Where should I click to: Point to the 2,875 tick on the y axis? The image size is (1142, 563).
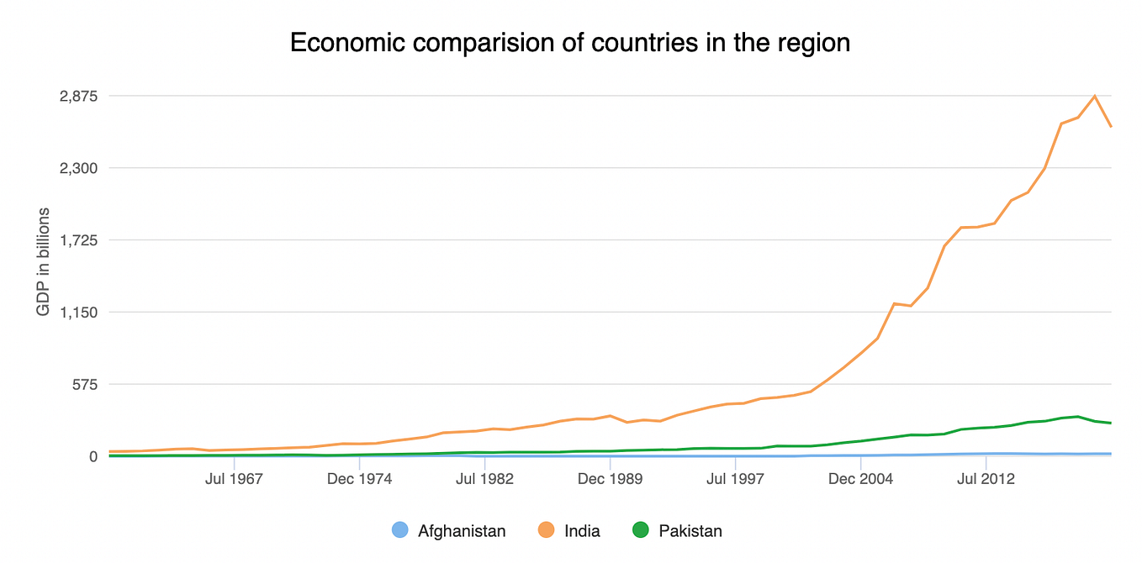click(x=78, y=97)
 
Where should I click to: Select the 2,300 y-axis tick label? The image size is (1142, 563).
click(x=78, y=168)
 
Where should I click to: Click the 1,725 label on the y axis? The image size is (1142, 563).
click(x=78, y=240)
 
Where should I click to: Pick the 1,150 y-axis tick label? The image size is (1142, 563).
click(x=78, y=313)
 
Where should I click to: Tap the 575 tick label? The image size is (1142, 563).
click(x=85, y=385)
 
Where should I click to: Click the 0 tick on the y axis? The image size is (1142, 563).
click(x=93, y=456)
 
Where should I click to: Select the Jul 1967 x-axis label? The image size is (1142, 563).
click(x=234, y=479)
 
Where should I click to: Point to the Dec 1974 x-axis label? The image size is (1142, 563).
click(x=359, y=479)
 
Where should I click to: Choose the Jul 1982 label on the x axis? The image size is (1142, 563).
click(x=485, y=479)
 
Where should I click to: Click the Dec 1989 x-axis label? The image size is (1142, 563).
click(x=611, y=479)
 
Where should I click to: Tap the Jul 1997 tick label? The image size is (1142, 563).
click(x=735, y=479)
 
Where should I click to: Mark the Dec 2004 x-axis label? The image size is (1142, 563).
click(x=860, y=479)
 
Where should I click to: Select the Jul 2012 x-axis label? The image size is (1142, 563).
click(x=986, y=479)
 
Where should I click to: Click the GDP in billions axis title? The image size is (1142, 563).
click(x=44, y=261)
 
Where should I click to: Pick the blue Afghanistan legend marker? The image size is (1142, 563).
click(x=400, y=530)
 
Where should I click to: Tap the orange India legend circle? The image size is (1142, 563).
click(x=547, y=530)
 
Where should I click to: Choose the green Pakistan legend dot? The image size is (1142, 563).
click(x=640, y=530)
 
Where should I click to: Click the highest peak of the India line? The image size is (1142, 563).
click(x=1094, y=96)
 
